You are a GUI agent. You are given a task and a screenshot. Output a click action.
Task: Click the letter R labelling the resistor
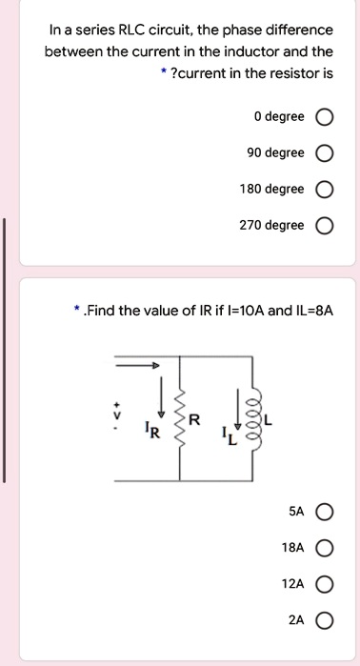pyautogui.click(x=195, y=420)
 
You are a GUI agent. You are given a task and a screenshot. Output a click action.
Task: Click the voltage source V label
pyautogui.click(x=118, y=415)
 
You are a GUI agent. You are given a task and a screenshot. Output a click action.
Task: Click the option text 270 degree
pyautogui.click(x=271, y=226)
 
